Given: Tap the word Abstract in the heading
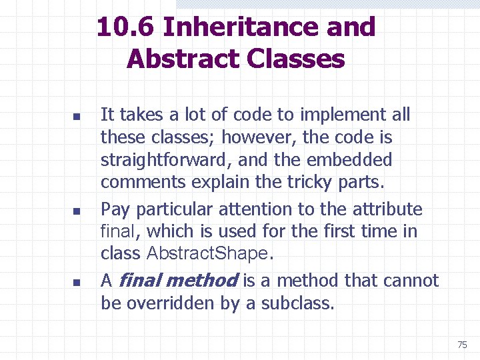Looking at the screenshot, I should [182, 59].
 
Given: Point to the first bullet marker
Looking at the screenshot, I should [76, 117].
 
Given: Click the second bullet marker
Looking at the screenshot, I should [76, 211].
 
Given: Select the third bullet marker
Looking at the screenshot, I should [76, 283].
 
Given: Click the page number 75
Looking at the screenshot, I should [462, 345].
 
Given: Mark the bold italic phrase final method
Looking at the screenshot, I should [178, 281].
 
